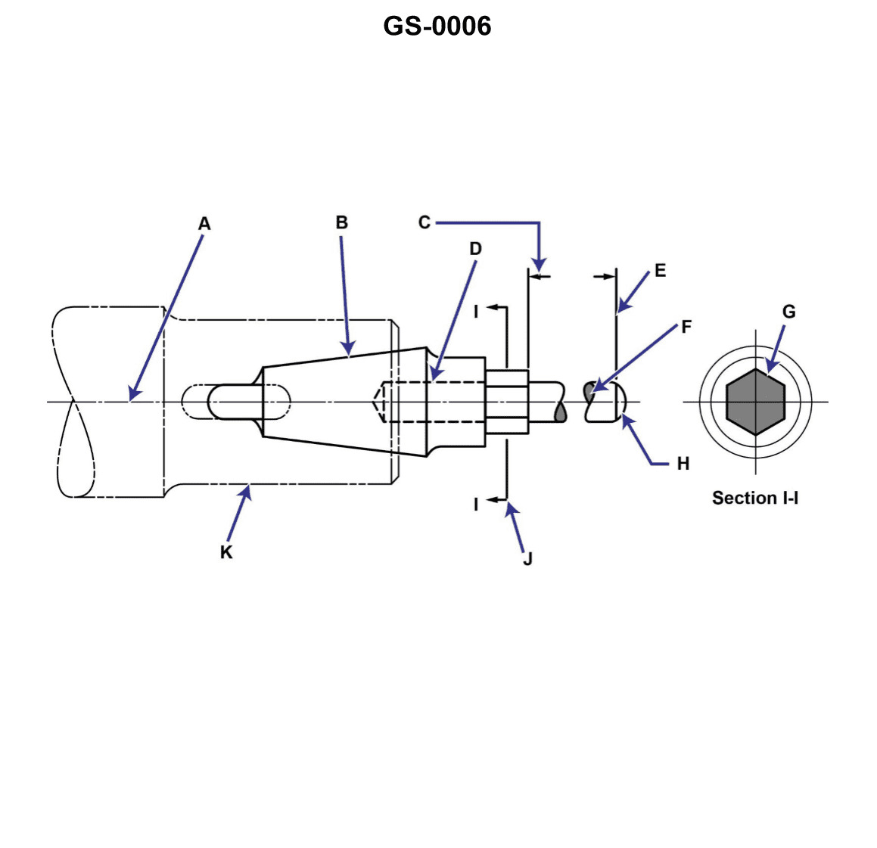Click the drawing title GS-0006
(x=437, y=26)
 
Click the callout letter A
(x=204, y=224)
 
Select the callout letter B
(x=341, y=222)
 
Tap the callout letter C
(x=424, y=222)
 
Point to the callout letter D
(x=475, y=249)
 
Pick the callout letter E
(x=660, y=271)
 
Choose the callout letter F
(x=686, y=327)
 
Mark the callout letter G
(x=788, y=312)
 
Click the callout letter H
(x=683, y=464)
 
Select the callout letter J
(x=527, y=559)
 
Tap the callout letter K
(x=226, y=553)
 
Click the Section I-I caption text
(x=754, y=498)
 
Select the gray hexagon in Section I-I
(x=755, y=402)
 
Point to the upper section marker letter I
(x=476, y=311)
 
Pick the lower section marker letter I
(x=476, y=504)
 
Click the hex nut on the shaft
(x=506, y=402)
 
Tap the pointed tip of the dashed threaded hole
(x=376, y=402)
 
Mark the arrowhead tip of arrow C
(x=539, y=271)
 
